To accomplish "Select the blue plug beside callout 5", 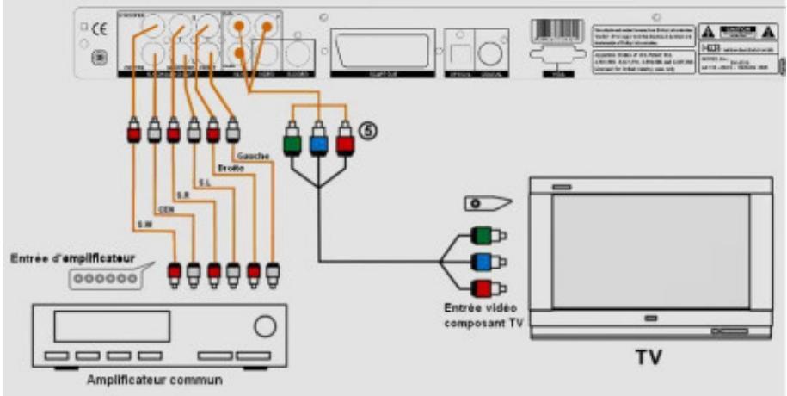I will [319, 140].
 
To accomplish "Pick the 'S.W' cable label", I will [144, 226].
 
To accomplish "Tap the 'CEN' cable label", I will [168, 207].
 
